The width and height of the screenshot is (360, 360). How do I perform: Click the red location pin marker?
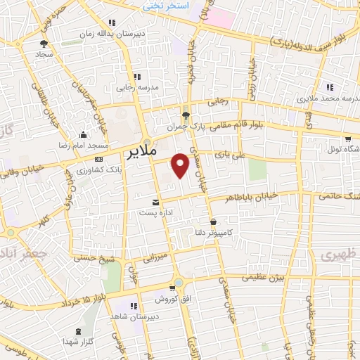coord(181,164)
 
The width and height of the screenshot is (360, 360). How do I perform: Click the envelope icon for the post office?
coord(146,202)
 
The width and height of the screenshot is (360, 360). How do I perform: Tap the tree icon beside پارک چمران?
coord(186,115)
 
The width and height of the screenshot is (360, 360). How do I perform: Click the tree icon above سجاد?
coord(44,44)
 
